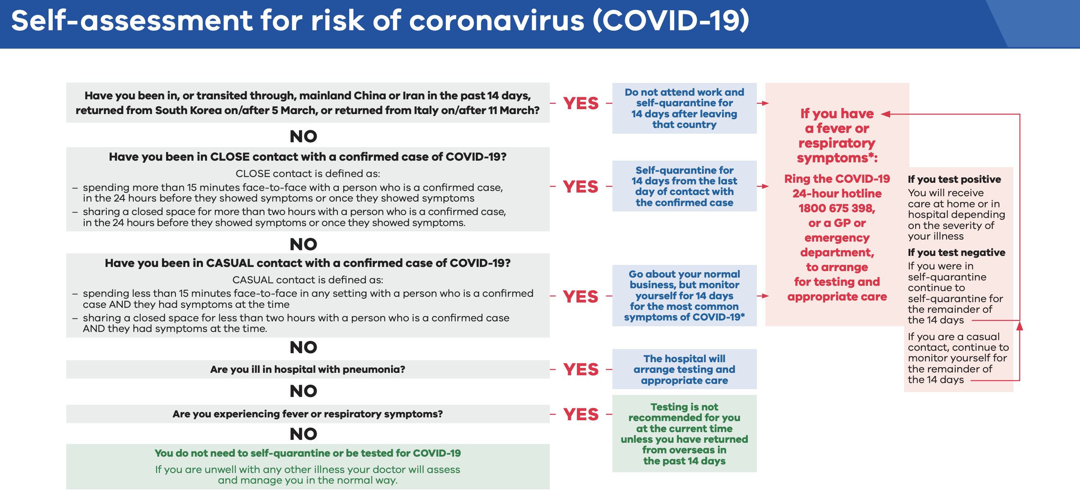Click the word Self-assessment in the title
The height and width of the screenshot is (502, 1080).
tap(133, 21)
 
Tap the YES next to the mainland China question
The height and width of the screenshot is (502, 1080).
tap(580, 103)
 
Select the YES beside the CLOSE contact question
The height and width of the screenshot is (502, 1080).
tap(580, 187)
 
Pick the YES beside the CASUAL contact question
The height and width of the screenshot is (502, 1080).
tap(580, 297)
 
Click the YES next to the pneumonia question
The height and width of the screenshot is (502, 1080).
tap(580, 370)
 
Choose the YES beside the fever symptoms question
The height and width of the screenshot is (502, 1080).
tap(580, 415)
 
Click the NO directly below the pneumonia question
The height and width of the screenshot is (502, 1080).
tap(304, 391)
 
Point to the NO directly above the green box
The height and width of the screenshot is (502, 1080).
tap(304, 434)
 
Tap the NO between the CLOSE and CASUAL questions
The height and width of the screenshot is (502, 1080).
tap(304, 244)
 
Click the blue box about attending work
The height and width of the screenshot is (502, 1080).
tap(684, 108)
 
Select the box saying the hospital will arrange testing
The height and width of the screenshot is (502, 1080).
tap(684, 369)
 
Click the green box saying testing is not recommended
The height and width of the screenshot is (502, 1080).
tap(684, 434)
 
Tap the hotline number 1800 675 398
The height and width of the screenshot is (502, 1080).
tap(837, 208)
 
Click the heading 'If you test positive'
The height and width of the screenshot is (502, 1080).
tap(954, 179)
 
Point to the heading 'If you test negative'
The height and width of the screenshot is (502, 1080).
tap(956, 253)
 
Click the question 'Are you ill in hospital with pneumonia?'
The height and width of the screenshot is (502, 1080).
tap(308, 370)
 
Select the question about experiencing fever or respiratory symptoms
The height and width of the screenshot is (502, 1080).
tap(308, 414)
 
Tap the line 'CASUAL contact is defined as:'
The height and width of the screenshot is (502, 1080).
tap(308, 280)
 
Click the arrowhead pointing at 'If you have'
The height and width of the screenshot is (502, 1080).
tap(885, 114)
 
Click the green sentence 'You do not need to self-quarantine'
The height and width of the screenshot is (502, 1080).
tap(308, 453)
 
